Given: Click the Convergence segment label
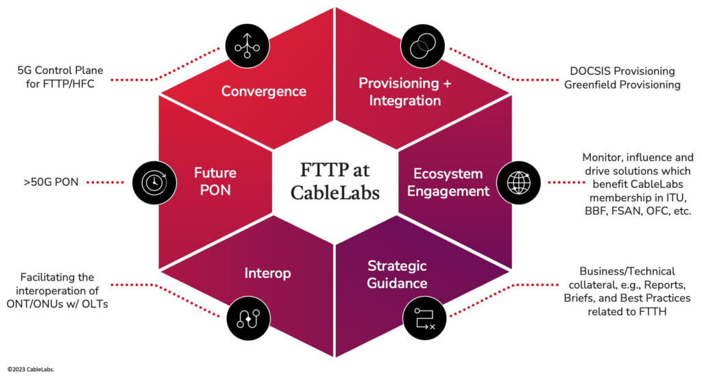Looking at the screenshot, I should [263, 91].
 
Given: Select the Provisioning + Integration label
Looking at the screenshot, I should [399, 91].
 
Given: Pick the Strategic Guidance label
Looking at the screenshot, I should [397, 274].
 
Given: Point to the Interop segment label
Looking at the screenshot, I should [267, 273].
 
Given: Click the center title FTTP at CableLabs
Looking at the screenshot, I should [335, 181].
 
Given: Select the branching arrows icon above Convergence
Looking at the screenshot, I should [243, 46].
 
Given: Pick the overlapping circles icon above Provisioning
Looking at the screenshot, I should [419, 46].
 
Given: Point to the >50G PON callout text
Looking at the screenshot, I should [52, 182].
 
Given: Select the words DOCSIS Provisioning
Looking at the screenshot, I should [622, 71].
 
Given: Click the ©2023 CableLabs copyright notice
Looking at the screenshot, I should [31, 369].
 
